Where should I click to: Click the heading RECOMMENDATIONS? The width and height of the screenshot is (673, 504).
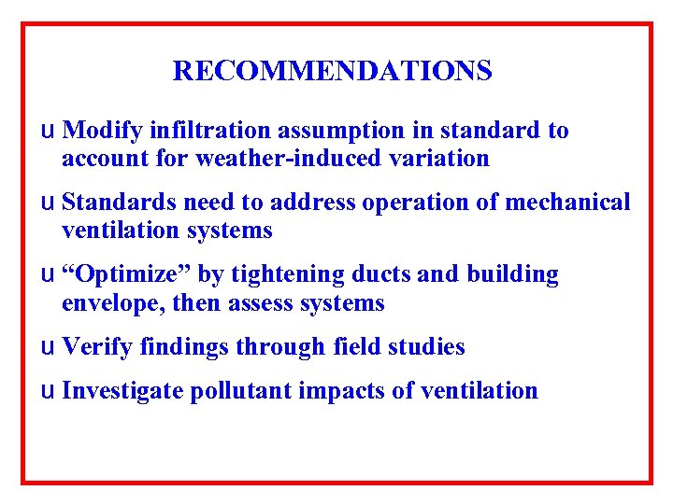click(x=333, y=71)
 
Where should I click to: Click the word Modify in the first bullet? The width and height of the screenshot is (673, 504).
click(x=99, y=131)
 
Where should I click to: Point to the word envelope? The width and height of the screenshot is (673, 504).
click(x=102, y=302)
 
